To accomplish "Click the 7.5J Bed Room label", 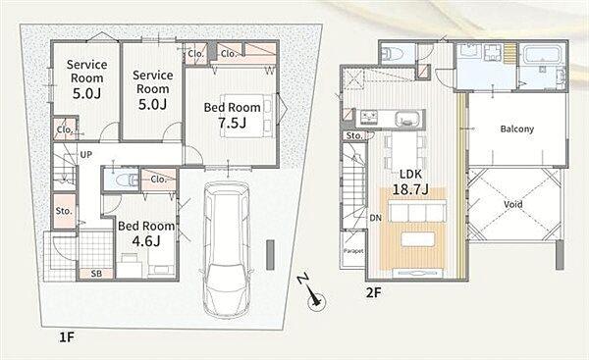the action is [x=232, y=115].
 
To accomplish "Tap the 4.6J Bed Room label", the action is [x=146, y=233].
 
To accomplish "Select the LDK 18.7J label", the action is [x=410, y=181].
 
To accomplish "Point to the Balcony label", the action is [x=517, y=129].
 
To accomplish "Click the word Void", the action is [x=513, y=205].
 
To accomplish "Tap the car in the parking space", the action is [x=227, y=249].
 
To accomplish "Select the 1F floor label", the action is [x=67, y=337].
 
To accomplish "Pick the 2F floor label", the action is [x=374, y=292].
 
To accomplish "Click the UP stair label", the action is [x=86, y=155].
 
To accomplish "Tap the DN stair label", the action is [x=376, y=218].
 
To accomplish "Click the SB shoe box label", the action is [x=96, y=274].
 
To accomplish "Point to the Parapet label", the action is [x=353, y=251].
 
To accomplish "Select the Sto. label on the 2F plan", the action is [x=353, y=135].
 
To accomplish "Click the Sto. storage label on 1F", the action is [x=64, y=211].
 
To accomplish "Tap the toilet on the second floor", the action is [x=393, y=55].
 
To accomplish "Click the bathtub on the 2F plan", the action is [x=543, y=56].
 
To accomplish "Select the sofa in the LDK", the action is [x=417, y=211].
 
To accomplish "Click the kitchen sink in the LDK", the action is [x=409, y=120].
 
